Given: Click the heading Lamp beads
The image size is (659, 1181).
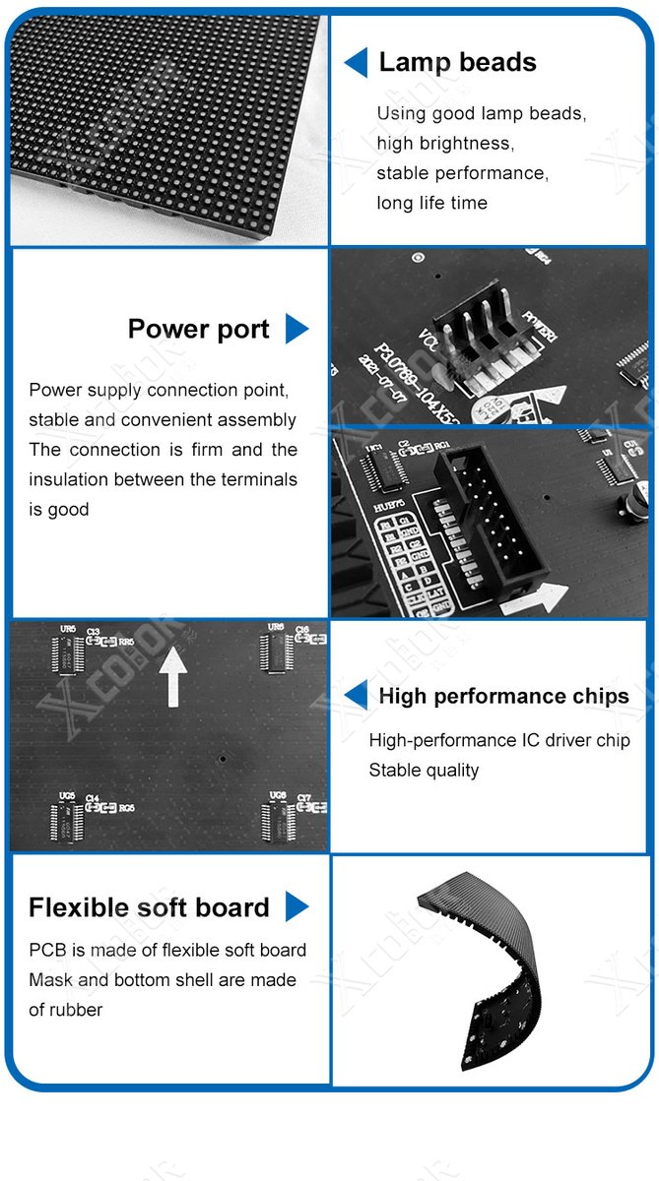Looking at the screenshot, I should pyautogui.click(x=457, y=63).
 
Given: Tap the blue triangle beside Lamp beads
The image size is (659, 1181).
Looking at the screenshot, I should pyautogui.click(x=356, y=63).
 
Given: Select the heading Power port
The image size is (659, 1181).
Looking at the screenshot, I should pyautogui.click(x=198, y=329).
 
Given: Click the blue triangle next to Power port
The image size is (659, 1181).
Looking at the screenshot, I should pyautogui.click(x=297, y=329).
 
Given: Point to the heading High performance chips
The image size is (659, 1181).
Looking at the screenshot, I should pyautogui.click(x=503, y=696).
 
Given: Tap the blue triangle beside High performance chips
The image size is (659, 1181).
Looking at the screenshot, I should pyautogui.click(x=356, y=696).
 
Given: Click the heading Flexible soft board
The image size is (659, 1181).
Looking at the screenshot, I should pyautogui.click(x=149, y=907).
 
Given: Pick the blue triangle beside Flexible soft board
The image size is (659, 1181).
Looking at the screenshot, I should pyautogui.click(x=297, y=907).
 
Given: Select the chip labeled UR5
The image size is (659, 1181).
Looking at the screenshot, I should pyautogui.click(x=67, y=653).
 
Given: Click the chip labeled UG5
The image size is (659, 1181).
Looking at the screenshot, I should pyautogui.click(x=67, y=820).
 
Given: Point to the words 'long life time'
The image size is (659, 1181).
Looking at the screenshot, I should pyautogui.click(x=431, y=203).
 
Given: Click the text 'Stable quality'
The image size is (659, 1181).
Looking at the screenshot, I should pyautogui.click(x=424, y=770).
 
